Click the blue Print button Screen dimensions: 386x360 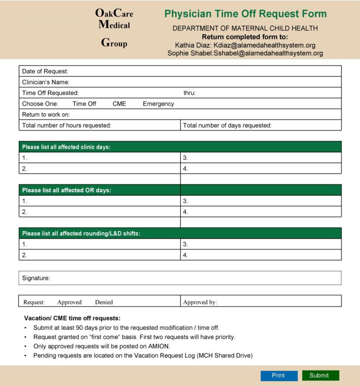pyautogui.click(x=278, y=376)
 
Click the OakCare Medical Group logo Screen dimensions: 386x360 pyautogui.click(x=114, y=28)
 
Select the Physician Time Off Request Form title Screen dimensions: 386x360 pyautogui.click(x=245, y=14)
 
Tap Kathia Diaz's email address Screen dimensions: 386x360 pyautogui.click(x=264, y=45)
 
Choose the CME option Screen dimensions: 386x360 pyautogui.click(x=119, y=104)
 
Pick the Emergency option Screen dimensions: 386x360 pyautogui.click(x=158, y=104)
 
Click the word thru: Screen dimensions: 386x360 pyautogui.click(x=190, y=93)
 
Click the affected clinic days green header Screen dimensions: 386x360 pyautogui.click(x=180, y=147)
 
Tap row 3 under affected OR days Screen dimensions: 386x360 pyautogui.click(x=261, y=201)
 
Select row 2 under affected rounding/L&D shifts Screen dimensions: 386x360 pyautogui.click(x=100, y=255)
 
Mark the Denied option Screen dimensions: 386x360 pyautogui.click(x=104, y=302)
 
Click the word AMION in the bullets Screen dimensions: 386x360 pyautogui.click(x=158, y=346)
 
